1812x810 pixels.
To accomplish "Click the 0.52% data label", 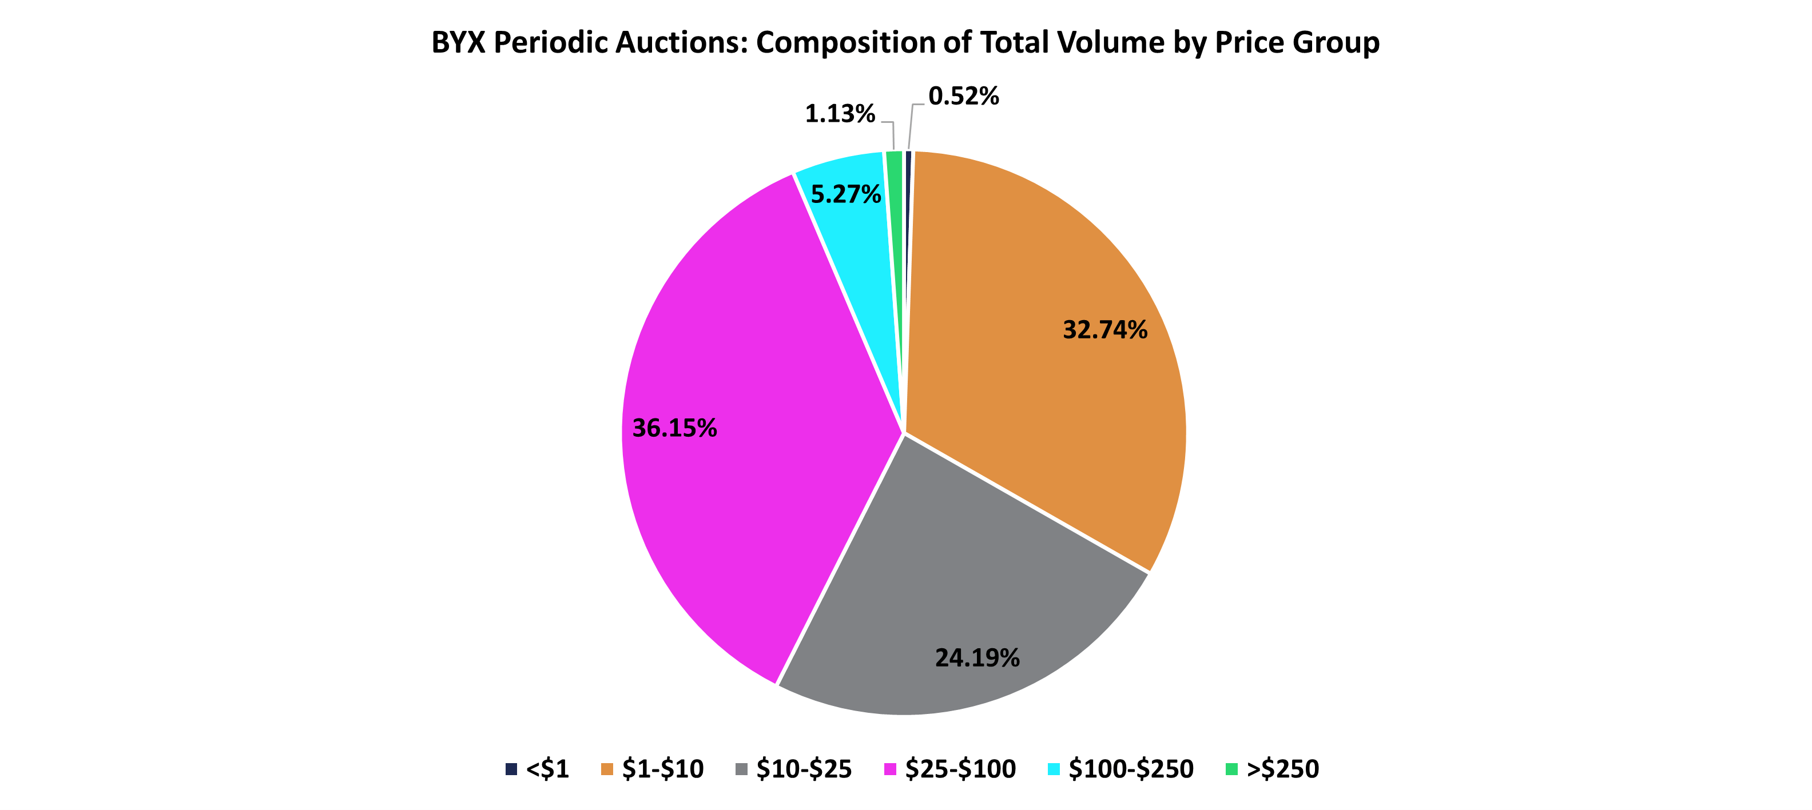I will pyautogui.click(x=963, y=97).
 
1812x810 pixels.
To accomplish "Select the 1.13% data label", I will pyautogui.click(x=839, y=114).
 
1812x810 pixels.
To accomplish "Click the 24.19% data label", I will pyautogui.click(x=976, y=658).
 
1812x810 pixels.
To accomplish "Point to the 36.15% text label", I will pyautogui.click(x=674, y=428).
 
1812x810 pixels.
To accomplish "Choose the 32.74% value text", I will pyautogui.click(x=1104, y=330).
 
